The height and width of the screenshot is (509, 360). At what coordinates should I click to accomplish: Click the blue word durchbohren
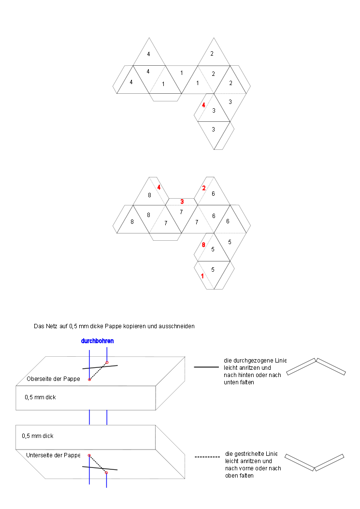point(98,341)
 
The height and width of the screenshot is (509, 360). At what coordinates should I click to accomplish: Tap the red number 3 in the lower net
point(182,201)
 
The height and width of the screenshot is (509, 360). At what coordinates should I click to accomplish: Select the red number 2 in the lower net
point(204,188)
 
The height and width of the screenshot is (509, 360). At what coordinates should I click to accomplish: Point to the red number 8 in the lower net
point(203,245)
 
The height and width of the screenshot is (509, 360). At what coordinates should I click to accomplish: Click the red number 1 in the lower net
point(202,276)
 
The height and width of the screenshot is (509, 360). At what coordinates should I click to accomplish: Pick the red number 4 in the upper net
point(204,105)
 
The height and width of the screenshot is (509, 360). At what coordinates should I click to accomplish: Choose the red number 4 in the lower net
point(158,187)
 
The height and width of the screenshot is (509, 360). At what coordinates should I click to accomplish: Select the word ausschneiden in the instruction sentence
point(178,326)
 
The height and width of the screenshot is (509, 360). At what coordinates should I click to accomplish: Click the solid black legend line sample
point(206,367)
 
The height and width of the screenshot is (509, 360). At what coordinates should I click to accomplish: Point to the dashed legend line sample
point(206,457)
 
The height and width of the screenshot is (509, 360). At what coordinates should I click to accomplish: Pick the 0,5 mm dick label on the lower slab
point(38,436)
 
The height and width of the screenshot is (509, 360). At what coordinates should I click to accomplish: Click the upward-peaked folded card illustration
point(317,366)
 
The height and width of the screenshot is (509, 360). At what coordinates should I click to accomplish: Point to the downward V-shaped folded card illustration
point(315,462)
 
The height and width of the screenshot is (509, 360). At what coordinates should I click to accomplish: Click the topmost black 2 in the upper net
point(212,53)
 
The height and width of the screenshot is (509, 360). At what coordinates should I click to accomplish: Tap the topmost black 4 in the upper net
point(148,54)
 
